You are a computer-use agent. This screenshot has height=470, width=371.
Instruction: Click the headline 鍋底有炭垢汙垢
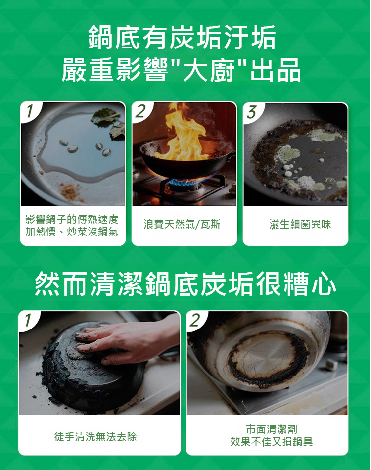182,38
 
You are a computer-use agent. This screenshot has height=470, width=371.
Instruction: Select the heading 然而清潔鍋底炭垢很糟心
185,283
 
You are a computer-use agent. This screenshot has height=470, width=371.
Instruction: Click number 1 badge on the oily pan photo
29,111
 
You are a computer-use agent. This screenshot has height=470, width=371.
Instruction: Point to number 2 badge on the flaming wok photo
140,111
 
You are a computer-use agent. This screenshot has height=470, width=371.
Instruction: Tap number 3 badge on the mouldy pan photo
252,111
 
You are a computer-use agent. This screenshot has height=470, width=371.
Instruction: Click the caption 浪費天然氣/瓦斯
182,224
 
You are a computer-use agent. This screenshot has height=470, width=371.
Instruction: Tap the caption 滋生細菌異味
300,224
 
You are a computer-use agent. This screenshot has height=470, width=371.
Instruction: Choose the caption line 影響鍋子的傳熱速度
72,219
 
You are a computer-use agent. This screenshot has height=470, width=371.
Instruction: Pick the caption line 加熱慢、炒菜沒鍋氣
72,232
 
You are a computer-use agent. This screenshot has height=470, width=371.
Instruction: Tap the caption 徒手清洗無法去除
95,436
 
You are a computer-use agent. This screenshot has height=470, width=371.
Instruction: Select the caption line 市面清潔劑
272,429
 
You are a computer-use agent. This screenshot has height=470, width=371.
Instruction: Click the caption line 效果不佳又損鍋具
272,441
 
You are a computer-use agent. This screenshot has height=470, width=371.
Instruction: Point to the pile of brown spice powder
70,190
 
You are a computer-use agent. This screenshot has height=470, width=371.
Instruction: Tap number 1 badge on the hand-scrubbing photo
28,320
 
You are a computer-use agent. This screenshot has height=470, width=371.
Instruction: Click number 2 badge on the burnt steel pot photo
195,320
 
